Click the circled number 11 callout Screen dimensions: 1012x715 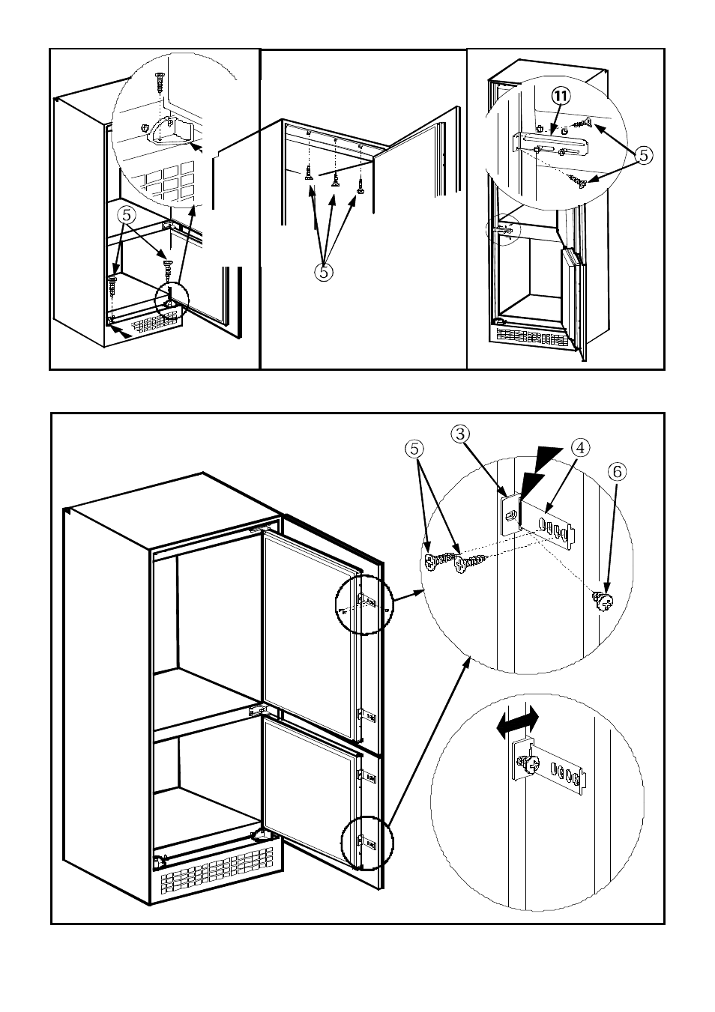(561, 96)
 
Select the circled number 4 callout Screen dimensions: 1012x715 (579, 447)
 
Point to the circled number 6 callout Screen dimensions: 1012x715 (617, 471)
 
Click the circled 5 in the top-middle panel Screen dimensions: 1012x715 (324, 272)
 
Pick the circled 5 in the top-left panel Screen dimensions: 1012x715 (127, 214)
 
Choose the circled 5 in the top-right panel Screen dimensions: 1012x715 (644, 155)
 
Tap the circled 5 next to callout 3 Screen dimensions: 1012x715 (415, 449)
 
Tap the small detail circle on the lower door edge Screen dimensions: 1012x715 (366, 842)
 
